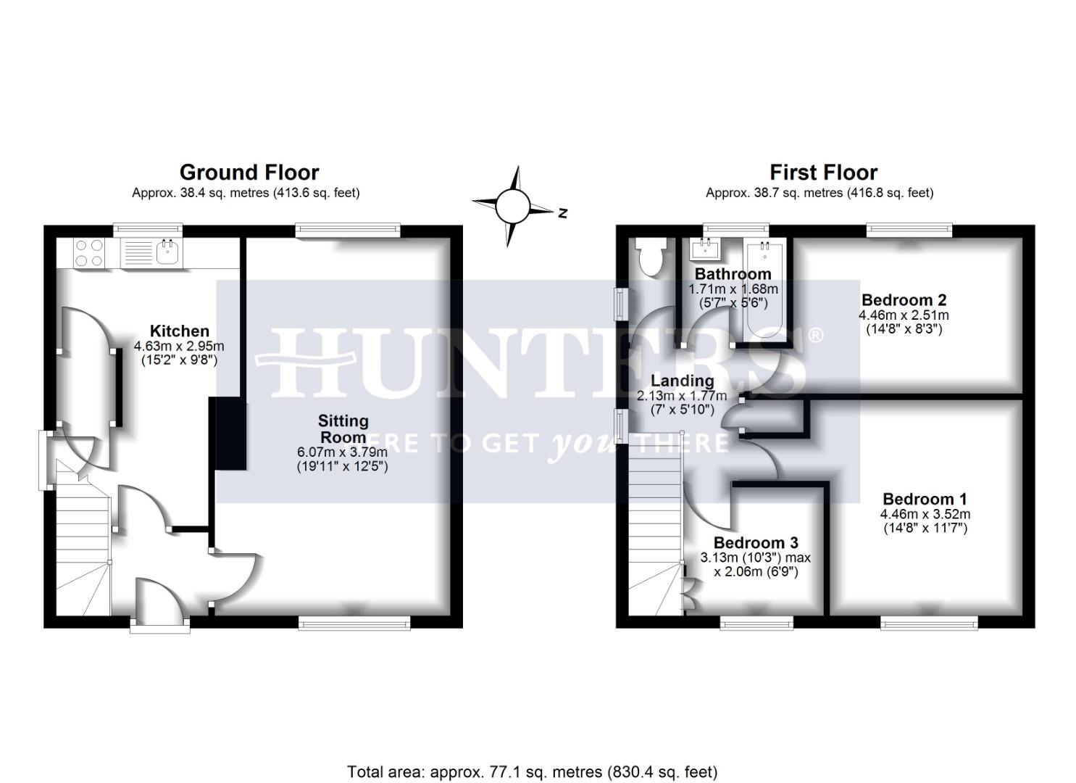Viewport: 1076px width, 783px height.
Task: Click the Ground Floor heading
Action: tap(249, 173)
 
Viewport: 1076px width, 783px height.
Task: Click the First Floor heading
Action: tap(823, 173)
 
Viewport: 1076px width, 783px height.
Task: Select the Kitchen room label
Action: tap(179, 331)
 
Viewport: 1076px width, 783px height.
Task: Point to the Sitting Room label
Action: tap(343, 428)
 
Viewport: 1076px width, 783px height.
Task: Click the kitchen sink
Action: tap(167, 252)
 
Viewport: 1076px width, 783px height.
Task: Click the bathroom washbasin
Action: tap(705, 250)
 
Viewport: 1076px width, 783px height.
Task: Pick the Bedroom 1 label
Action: tap(925, 499)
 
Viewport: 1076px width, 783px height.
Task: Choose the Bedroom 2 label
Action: tap(904, 300)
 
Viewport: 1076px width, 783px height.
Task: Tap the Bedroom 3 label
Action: tap(755, 543)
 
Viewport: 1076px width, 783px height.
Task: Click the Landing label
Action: tap(682, 381)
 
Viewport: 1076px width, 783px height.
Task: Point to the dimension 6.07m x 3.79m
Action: tap(342, 452)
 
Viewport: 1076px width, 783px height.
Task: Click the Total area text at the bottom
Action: tap(532, 771)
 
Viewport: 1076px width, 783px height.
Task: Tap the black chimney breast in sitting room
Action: tap(228, 434)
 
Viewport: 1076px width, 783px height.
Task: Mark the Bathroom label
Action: tap(733, 274)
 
